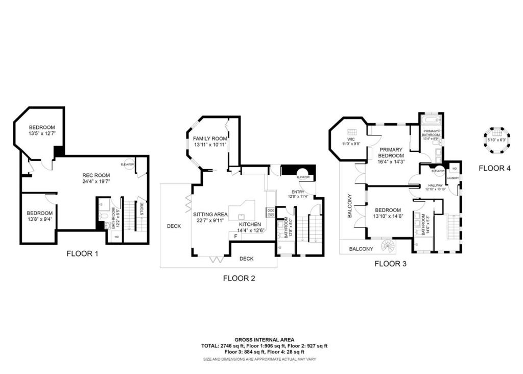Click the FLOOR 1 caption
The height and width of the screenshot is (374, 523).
tap(82, 253)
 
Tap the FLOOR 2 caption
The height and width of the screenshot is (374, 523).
tap(239, 278)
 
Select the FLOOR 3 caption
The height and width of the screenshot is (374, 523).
tap(390, 264)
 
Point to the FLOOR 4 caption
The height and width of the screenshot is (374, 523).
tap(494, 168)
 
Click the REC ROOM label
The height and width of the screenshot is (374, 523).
tap(97, 174)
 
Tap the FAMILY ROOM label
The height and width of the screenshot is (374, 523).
tap(210, 138)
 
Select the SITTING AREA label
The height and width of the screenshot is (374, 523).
tap(210, 215)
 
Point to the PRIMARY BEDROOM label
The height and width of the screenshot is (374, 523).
tap(391, 153)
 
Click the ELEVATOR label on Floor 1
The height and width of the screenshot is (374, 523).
tap(127, 165)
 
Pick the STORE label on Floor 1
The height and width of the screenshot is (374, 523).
tap(142, 208)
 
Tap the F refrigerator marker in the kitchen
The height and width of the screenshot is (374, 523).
tap(235, 236)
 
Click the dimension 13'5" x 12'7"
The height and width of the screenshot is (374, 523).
tap(42, 134)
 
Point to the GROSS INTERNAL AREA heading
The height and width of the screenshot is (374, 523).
tap(260, 339)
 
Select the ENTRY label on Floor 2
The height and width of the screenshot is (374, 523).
tap(297, 192)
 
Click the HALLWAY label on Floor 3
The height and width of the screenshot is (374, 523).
tap(435, 186)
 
